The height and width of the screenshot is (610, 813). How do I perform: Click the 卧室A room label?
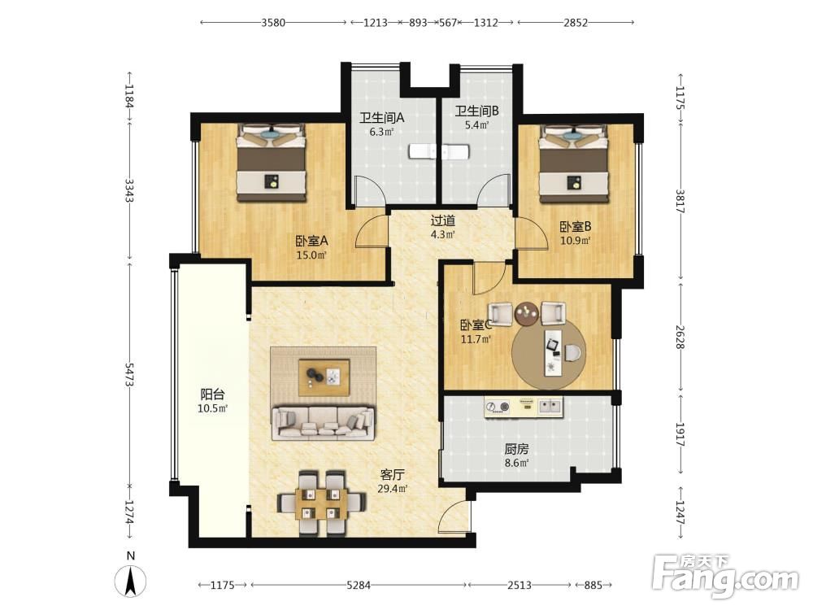point(311,242)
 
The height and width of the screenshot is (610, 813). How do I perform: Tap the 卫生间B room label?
point(476,111)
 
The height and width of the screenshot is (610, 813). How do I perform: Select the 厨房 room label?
point(516,449)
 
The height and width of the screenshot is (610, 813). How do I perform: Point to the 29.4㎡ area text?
point(393,489)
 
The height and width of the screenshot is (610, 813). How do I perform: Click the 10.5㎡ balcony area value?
point(212,409)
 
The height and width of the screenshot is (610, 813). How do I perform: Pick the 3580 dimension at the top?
point(273,23)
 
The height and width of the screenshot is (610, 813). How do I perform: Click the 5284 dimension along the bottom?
point(359,585)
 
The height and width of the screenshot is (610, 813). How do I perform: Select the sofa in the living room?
point(324,423)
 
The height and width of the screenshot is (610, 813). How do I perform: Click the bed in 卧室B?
point(573,163)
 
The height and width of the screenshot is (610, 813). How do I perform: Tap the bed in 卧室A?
point(272,163)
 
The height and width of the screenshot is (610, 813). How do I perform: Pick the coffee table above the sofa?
point(324,377)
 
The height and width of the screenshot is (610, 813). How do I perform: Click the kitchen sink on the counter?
point(550,406)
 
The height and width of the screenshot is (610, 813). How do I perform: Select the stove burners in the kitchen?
point(498,407)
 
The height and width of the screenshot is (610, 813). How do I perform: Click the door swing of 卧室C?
point(489,278)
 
